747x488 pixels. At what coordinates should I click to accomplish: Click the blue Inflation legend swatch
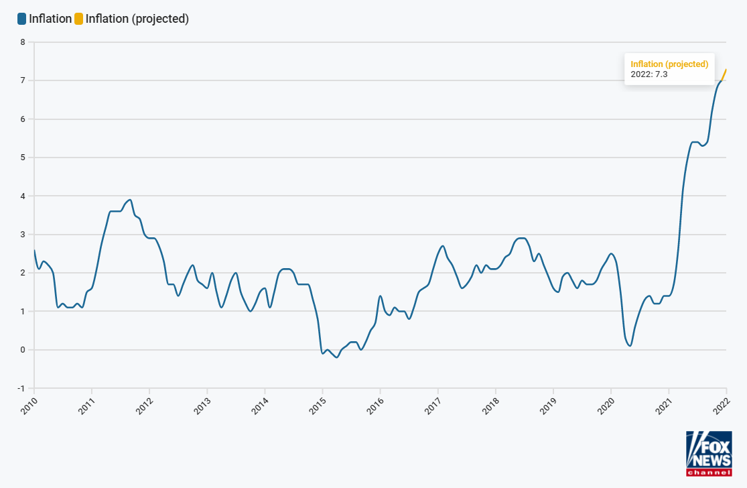click(21, 19)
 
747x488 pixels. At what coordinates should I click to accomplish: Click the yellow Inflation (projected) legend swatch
click(78, 19)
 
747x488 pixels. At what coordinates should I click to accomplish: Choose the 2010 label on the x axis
click(29, 405)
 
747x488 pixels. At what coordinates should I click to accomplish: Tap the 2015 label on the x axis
click(318, 405)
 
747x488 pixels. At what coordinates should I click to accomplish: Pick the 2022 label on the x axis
click(722, 405)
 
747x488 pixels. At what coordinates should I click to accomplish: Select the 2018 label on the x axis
click(490, 405)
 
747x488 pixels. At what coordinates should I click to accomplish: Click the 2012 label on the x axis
click(145, 405)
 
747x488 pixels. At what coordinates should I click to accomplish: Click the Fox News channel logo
click(709, 453)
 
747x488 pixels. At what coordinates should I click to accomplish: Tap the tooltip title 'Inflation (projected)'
click(669, 64)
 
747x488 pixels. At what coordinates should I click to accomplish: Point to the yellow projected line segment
click(724, 74)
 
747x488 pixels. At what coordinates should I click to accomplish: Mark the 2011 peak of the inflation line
click(129, 200)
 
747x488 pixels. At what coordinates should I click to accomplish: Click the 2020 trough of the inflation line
click(630, 345)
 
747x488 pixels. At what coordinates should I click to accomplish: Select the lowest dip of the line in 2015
click(336, 357)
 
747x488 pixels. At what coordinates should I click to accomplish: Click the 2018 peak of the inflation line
click(521, 238)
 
